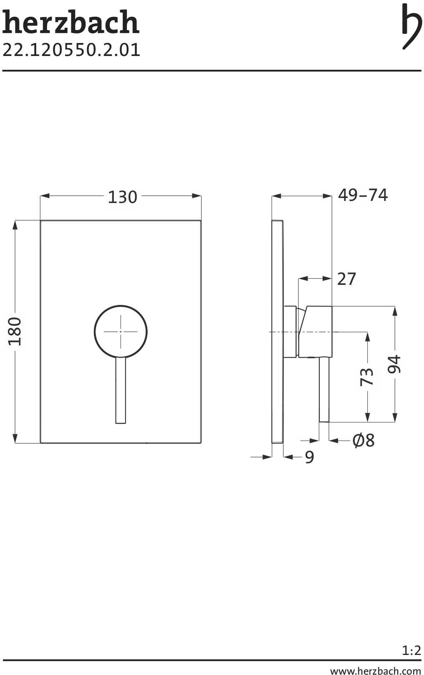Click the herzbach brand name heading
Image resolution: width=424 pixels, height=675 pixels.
(71, 22)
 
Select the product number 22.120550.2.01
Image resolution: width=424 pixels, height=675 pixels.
(71, 50)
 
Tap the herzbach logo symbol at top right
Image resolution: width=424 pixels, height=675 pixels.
(412, 26)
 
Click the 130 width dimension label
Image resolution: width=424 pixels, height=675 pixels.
(123, 197)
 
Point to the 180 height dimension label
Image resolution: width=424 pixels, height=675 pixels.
(15, 331)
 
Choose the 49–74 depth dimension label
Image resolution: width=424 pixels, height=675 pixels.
(363, 195)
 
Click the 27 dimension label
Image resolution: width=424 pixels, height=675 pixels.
(347, 279)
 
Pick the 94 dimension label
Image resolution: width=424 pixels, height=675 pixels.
(394, 364)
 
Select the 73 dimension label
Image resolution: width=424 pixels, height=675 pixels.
(367, 376)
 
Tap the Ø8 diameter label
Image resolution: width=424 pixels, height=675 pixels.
(364, 440)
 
